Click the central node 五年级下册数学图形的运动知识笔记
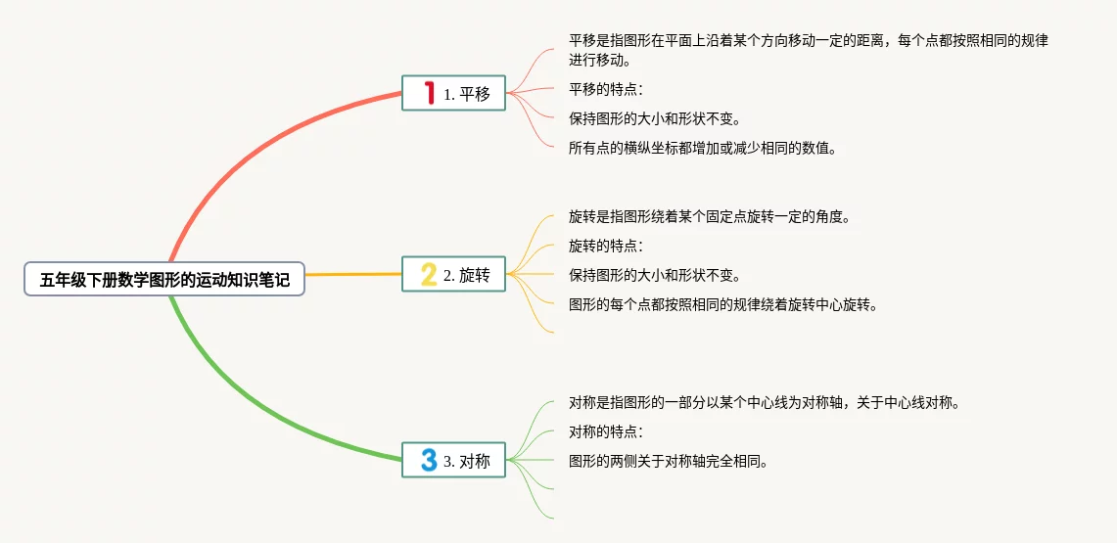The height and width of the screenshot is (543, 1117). (164, 280)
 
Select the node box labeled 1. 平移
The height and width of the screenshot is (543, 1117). (453, 94)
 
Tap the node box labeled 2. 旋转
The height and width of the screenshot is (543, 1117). (453, 275)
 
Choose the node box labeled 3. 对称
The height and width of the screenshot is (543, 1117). (453, 461)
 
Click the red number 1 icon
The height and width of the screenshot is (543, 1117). (428, 94)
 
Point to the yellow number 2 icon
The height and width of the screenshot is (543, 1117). (428, 275)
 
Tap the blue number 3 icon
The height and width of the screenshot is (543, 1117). (428, 461)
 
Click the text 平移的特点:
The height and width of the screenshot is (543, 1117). (605, 90)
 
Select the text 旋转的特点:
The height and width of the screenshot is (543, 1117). (605, 246)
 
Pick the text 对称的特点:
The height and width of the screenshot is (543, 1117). (605, 431)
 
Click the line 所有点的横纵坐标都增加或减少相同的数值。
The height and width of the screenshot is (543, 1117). (702, 149)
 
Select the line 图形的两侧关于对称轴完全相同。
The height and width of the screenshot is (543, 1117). (668, 461)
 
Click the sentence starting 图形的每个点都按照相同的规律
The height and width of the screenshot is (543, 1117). (722, 304)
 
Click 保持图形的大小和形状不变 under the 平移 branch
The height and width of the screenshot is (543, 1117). (654, 119)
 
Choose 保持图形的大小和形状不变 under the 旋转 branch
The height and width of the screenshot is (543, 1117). (654, 275)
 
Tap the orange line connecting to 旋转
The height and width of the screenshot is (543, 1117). (352, 275)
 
